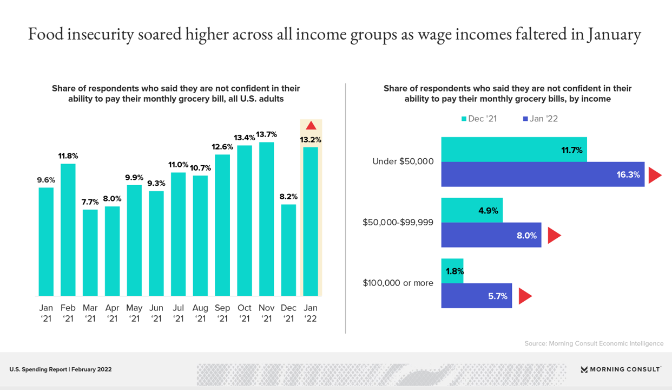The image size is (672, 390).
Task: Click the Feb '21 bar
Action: [x=68, y=230]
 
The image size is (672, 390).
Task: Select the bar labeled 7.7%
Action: [x=90, y=252]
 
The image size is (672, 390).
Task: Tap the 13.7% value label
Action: [x=267, y=134]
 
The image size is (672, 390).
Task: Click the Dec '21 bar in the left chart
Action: [x=289, y=250]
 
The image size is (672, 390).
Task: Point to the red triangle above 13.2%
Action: [x=311, y=126]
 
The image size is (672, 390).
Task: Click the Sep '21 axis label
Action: [x=222, y=314]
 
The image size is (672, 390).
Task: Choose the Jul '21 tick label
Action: [x=179, y=314]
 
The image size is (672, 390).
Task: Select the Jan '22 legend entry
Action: [x=540, y=119]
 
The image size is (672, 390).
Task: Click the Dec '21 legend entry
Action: [x=479, y=119]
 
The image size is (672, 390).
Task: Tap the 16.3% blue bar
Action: [x=543, y=174]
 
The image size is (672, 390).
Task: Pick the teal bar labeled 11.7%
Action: [x=514, y=149]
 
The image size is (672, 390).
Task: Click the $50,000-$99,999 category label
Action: [x=398, y=222]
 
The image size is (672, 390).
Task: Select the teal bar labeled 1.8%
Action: [x=452, y=271]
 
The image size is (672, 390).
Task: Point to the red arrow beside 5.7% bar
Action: [x=525, y=296]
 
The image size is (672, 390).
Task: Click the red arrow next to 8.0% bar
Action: [x=554, y=236]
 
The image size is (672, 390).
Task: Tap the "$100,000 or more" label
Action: [x=399, y=283]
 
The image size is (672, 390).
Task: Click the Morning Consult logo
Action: [x=621, y=369]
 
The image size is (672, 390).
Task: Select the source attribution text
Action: [x=594, y=343]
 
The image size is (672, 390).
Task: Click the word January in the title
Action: [x=609, y=35]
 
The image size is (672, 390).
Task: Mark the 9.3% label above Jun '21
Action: [x=156, y=184]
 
